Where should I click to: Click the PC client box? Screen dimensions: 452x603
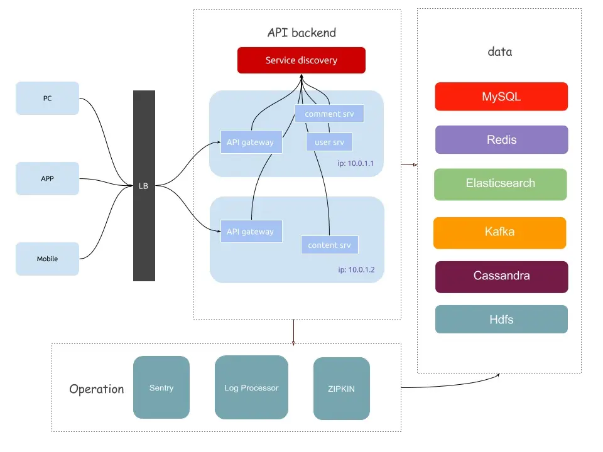coord(47,98)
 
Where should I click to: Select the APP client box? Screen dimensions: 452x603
coord(47,178)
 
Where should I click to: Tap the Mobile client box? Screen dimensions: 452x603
coord(47,259)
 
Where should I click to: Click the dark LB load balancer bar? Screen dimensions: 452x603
coord(144,186)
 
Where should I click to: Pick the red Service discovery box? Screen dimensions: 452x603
coord(301,60)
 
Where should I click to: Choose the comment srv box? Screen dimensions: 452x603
coord(329,114)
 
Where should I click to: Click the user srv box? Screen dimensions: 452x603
coord(329,143)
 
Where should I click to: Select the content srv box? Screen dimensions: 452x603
coord(329,245)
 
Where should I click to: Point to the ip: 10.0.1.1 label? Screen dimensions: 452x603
coord(356,164)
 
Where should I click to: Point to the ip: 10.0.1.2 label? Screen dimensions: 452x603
coord(356,270)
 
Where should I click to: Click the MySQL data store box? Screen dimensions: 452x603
coord(501,97)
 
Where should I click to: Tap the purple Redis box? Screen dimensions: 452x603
coord(501,139)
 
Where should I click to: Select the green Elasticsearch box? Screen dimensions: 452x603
coord(501,183)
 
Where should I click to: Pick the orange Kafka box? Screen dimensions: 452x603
coord(499,232)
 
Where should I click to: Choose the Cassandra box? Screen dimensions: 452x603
coord(501,276)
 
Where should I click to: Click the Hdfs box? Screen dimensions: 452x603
coord(501,320)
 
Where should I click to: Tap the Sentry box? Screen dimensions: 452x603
coord(161,387)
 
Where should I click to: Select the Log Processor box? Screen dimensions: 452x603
coord(251,387)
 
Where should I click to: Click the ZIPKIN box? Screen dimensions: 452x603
coord(341,389)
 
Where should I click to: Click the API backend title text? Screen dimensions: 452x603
coord(301,33)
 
